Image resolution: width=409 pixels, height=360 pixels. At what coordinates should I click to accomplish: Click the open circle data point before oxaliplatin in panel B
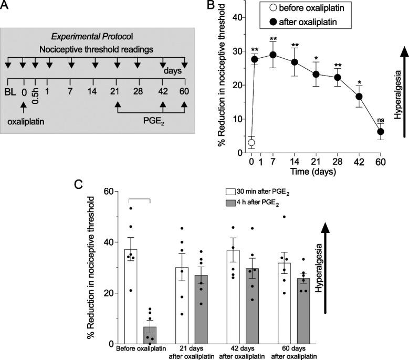click(251, 142)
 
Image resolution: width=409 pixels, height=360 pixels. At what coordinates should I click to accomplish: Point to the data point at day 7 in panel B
click(272, 55)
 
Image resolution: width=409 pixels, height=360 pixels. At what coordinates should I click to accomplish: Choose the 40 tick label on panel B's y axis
click(237, 17)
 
